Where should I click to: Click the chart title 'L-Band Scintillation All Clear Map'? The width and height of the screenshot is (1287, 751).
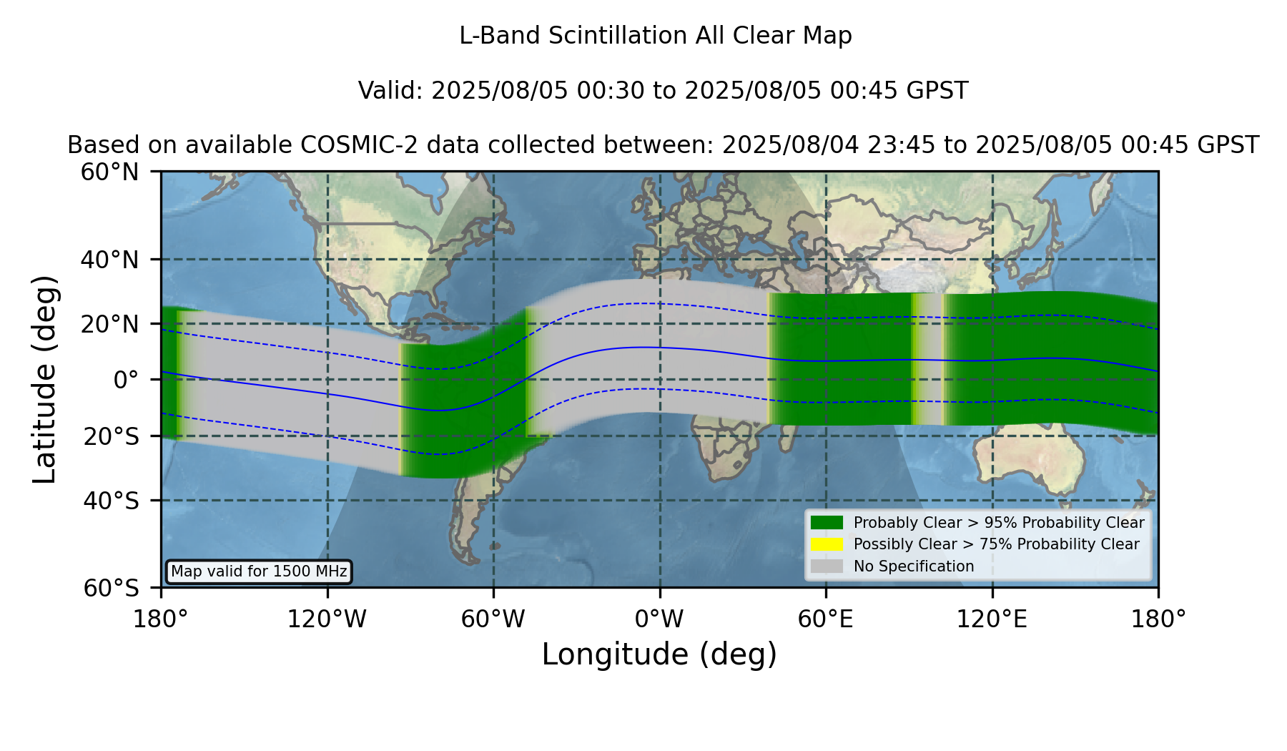pos(656,36)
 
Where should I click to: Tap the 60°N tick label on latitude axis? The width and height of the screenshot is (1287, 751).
pos(110,172)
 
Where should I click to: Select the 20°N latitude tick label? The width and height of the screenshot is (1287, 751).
pos(110,324)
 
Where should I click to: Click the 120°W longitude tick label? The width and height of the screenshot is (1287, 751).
pos(327,619)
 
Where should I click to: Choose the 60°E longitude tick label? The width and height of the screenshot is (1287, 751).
pos(826,619)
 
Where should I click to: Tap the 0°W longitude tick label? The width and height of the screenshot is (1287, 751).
pos(660,619)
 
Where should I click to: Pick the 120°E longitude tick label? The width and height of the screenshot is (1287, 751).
pos(992,619)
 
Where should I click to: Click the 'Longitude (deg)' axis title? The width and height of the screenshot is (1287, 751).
pos(659,654)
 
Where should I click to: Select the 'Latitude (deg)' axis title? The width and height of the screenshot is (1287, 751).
pos(44,379)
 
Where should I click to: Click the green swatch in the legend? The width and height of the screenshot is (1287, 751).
pos(827,523)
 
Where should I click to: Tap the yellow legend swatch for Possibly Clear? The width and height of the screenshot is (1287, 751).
pos(827,544)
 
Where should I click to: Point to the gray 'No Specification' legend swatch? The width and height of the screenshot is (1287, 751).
pos(827,566)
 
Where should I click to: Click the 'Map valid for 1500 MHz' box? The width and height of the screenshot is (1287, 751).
pos(259,571)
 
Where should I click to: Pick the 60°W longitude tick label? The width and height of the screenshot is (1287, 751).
pos(493,619)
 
